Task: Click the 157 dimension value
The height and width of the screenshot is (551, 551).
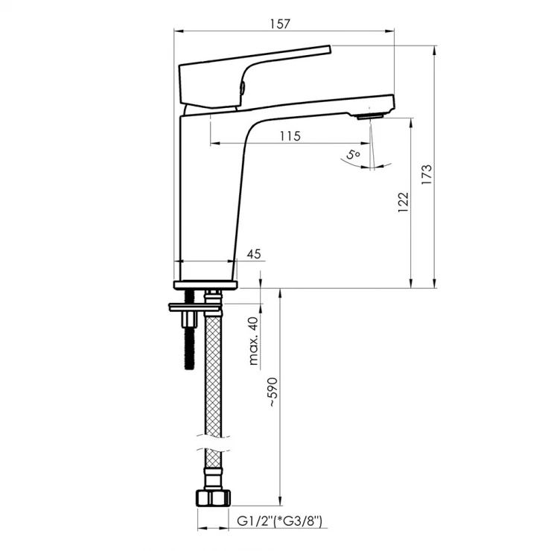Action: [x=280, y=24]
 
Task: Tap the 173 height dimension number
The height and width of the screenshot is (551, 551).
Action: [x=426, y=175]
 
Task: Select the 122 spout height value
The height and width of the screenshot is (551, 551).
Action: [x=404, y=202]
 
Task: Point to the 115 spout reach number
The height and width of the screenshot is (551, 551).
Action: [x=290, y=136]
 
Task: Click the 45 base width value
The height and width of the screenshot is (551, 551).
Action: [x=254, y=254]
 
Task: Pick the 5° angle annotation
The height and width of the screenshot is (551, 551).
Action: [x=353, y=155]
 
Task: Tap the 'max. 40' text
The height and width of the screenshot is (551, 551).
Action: [x=253, y=341]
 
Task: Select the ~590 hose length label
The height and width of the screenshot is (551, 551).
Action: [x=273, y=392]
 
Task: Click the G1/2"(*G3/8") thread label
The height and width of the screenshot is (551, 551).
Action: [x=279, y=520]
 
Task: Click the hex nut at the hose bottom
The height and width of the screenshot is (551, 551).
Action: [x=213, y=497]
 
